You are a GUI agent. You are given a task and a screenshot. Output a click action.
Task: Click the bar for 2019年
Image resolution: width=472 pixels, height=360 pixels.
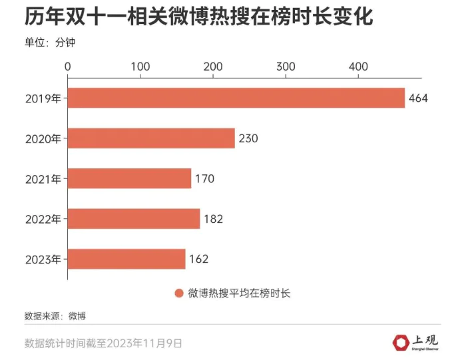click(x=236, y=98)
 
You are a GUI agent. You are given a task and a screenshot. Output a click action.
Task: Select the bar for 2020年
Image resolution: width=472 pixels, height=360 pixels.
click(x=151, y=138)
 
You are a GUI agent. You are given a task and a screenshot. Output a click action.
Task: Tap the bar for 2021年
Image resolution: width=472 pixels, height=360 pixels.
click(x=129, y=178)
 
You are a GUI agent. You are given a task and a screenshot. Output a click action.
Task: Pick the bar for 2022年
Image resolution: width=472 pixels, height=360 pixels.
click(x=134, y=219)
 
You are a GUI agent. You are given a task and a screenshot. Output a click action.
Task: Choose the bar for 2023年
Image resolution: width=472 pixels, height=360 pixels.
click(x=126, y=259)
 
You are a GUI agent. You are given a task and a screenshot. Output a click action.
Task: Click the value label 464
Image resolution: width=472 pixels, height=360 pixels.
click(x=418, y=98)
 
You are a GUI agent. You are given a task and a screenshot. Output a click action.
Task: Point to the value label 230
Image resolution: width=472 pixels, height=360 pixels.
click(x=248, y=138)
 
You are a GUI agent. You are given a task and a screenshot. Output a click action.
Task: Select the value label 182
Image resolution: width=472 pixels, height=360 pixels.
click(x=213, y=219)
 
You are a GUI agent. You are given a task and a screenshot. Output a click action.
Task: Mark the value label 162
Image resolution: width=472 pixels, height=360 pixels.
click(x=198, y=259)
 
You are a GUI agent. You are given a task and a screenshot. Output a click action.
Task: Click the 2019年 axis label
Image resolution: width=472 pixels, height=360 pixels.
click(x=43, y=98)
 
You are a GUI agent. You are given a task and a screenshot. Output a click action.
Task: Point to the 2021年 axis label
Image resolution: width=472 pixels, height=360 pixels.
click(x=43, y=178)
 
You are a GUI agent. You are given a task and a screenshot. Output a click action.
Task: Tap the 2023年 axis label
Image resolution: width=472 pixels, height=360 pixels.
click(x=43, y=259)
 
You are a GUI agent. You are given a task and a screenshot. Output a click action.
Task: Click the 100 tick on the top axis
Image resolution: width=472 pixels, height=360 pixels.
click(x=140, y=67)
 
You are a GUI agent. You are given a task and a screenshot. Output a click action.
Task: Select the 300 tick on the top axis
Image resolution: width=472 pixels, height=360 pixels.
click(x=286, y=67)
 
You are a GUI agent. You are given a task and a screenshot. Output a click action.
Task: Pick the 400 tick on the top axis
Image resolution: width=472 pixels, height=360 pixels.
click(x=358, y=67)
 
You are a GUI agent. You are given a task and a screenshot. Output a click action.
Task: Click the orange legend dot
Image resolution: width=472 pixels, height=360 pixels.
click(x=178, y=293)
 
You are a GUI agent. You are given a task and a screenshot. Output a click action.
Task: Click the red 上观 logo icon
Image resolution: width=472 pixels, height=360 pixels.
click(x=401, y=342)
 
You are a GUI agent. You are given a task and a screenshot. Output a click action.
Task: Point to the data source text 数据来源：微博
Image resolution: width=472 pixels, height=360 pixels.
click(x=55, y=315)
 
